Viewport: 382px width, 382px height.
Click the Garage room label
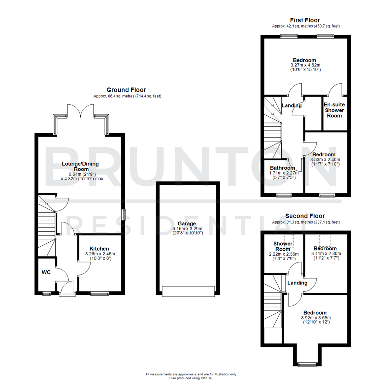click(x=187, y=224)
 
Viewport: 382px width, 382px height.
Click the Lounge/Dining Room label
click(x=80, y=166)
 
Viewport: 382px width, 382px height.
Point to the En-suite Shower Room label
click(x=334, y=110)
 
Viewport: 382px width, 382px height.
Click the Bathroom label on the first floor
click(x=282, y=168)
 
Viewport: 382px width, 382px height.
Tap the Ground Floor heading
click(x=126, y=90)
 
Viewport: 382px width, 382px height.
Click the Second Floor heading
click(x=305, y=216)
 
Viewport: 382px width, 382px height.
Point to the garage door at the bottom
click(x=188, y=291)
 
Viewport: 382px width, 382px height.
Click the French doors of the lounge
click(x=81, y=110)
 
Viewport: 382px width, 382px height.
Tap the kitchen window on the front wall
click(x=99, y=293)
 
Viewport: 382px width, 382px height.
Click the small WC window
click(x=46, y=293)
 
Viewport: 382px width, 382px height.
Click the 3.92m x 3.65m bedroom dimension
click(x=316, y=318)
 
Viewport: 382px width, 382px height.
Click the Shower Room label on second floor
click(x=283, y=246)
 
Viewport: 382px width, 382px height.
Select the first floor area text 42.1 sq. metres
click(x=306, y=26)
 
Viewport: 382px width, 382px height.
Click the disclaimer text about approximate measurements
click(x=191, y=374)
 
